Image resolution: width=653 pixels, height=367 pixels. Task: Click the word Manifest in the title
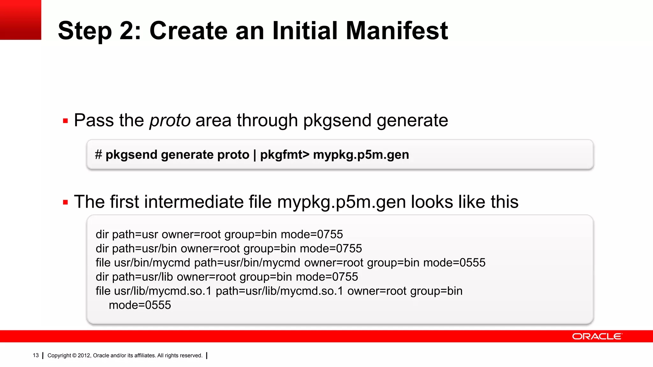(x=397, y=31)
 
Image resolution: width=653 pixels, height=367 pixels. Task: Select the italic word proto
(x=170, y=120)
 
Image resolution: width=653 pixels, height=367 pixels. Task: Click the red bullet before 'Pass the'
(x=66, y=121)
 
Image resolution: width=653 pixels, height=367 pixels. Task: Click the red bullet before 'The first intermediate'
(x=66, y=202)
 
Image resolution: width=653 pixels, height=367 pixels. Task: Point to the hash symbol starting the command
(x=98, y=155)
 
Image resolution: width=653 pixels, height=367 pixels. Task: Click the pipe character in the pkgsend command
(x=255, y=155)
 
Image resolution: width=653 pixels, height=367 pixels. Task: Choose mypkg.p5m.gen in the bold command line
(x=361, y=155)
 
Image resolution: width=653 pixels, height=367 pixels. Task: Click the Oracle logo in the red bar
(x=597, y=336)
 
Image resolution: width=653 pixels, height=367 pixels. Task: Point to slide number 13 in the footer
(x=36, y=356)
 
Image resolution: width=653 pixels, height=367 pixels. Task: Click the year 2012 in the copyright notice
(x=84, y=356)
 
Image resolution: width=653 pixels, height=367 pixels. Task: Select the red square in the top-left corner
(x=20, y=20)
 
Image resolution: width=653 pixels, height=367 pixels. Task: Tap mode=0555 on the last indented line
(x=140, y=305)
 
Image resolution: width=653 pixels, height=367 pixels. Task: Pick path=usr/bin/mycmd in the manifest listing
(x=247, y=263)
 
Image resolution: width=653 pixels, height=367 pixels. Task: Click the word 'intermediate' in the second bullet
(x=194, y=202)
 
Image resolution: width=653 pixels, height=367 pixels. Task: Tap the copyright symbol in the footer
(x=74, y=356)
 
